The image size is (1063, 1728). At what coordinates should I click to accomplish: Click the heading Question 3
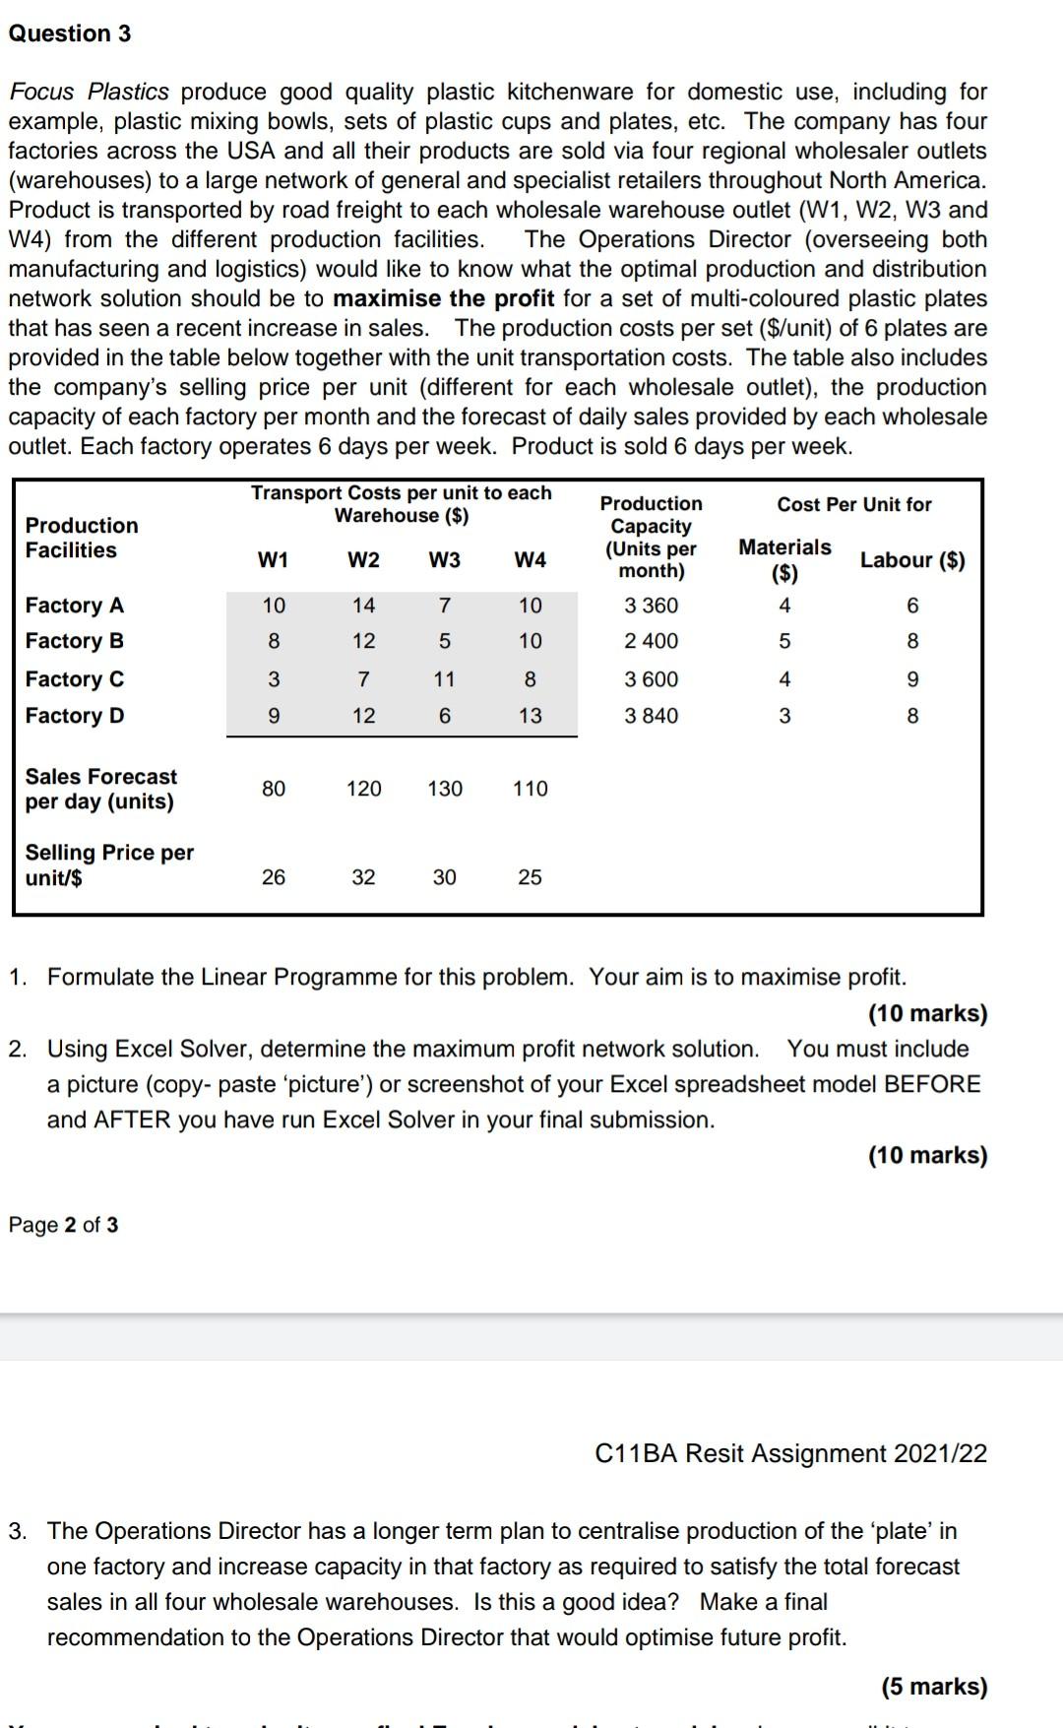tap(69, 33)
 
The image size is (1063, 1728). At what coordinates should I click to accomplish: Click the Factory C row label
tap(75, 679)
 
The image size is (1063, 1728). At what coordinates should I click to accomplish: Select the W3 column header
tap(444, 560)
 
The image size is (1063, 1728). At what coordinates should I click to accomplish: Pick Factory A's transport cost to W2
tap(363, 606)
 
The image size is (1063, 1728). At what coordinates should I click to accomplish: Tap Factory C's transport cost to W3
tap(444, 679)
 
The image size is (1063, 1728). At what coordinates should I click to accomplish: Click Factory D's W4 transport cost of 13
tap(530, 716)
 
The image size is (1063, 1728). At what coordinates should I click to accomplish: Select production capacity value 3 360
tap(651, 606)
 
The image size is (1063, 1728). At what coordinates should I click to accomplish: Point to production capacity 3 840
tap(651, 716)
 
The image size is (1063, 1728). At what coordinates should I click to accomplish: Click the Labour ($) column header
tap(912, 560)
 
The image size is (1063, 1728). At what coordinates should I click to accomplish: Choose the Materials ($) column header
tap(784, 559)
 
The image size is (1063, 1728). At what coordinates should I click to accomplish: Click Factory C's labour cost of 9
tap(912, 679)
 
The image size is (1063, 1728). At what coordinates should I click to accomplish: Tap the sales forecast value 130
tap(444, 789)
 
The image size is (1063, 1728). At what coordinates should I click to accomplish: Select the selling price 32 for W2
tap(363, 877)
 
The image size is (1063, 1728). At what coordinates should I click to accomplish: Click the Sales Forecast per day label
tap(100, 789)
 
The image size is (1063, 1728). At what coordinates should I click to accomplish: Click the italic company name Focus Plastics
tap(89, 92)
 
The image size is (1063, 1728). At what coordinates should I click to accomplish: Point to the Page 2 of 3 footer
tap(63, 1225)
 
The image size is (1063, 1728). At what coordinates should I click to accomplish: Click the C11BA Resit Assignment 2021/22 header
tap(791, 1453)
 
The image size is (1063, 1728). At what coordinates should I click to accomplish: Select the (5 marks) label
tap(933, 1687)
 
